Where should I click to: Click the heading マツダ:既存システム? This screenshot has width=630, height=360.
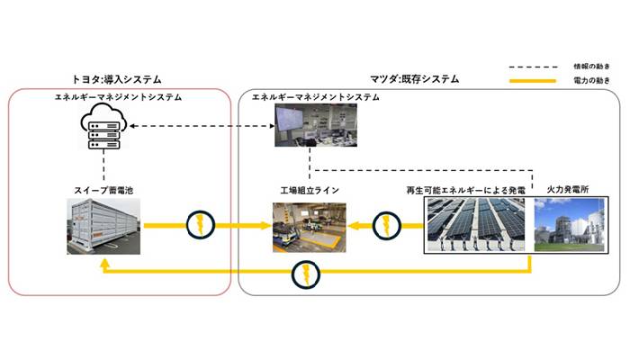point(415,79)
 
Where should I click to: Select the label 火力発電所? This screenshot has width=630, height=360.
point(568,191)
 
